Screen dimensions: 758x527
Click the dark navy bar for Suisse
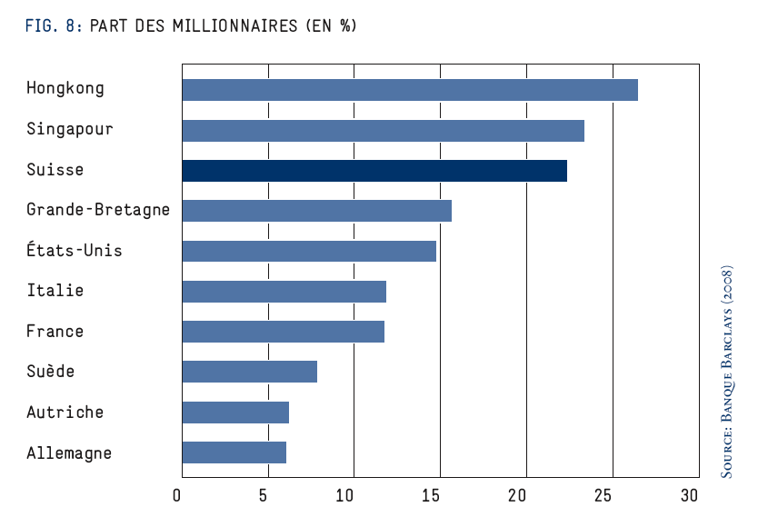coord(374,171)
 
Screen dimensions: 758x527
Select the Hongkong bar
coord(410,90)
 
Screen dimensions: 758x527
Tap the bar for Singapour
coord(384,131)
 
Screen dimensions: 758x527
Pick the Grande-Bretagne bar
coord(317,211)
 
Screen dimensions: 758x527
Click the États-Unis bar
coord(309,251)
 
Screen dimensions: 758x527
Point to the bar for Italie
coord(284,292)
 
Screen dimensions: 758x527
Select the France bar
coord(284,332)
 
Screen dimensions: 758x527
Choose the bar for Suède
coord(250,372)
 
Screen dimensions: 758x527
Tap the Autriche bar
coord(236,413)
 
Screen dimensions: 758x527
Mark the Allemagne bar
coord(234,452)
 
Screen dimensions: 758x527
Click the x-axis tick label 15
coord(430,495)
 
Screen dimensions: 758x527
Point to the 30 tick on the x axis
coord(689,495)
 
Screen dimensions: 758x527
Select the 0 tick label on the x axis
coord(176,495)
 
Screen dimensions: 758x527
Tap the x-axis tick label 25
coord(603,495)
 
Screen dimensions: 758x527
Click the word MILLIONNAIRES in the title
coord(234,25)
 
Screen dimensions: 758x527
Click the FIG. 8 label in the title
coord(54,25)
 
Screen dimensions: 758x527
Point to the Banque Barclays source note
coord(726,372)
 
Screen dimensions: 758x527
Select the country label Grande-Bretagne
coord(98,210)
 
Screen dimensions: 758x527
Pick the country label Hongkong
coord(65,88)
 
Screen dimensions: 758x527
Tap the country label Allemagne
coord(69,453)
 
